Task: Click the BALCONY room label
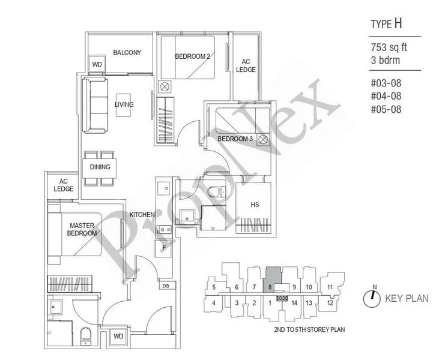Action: click(x=127, y=53)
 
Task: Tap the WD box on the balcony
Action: click(x=96, y=64)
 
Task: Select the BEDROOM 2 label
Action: click(x=192, y=57)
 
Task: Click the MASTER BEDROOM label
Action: click(x=81, y=229)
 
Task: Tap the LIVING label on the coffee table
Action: click(x=124, y=105)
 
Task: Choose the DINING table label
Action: click(x=100, y=167)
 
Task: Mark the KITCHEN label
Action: click(x=142, y=215)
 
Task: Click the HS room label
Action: click(x=255, y=205)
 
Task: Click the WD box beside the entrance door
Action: click(x=118, y=336)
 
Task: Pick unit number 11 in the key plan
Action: click(x=330, y=287)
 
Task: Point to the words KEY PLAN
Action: click(x=407, y=298)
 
